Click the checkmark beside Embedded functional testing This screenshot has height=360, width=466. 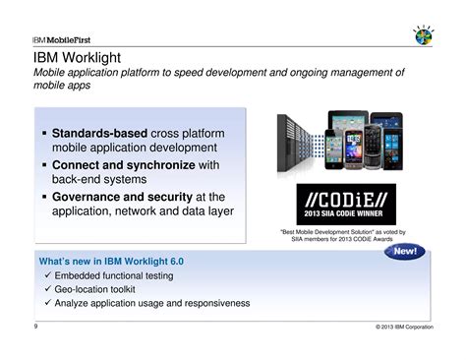pos(46,276)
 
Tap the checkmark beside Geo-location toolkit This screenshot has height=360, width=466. pos(46,290)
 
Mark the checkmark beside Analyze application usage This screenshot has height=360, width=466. pos(46,304)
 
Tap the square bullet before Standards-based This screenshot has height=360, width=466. pos(43,133)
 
